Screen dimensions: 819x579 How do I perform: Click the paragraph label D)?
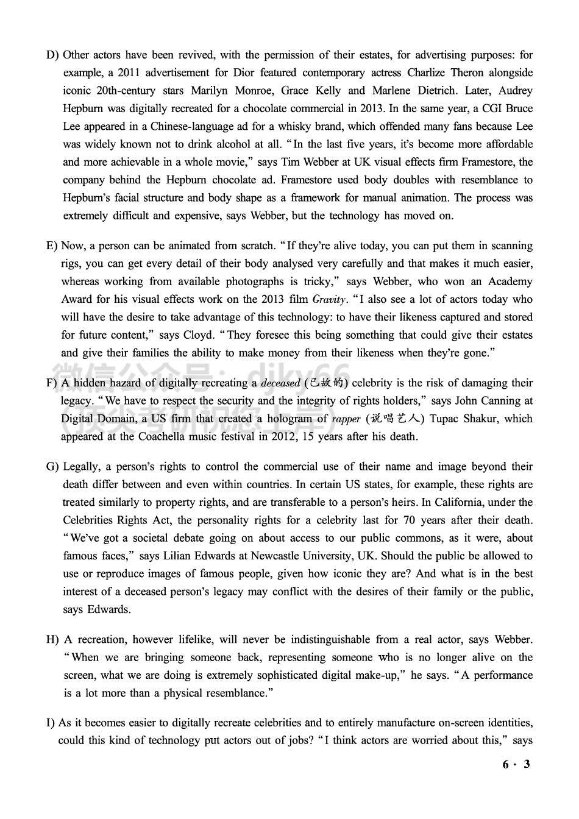52,55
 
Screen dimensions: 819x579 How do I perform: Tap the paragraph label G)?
52,467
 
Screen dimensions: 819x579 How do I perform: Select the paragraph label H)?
53,640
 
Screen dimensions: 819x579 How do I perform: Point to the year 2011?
129,73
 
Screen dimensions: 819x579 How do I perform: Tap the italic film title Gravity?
329,300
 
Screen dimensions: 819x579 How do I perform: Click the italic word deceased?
280,383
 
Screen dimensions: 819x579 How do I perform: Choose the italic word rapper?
346,419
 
